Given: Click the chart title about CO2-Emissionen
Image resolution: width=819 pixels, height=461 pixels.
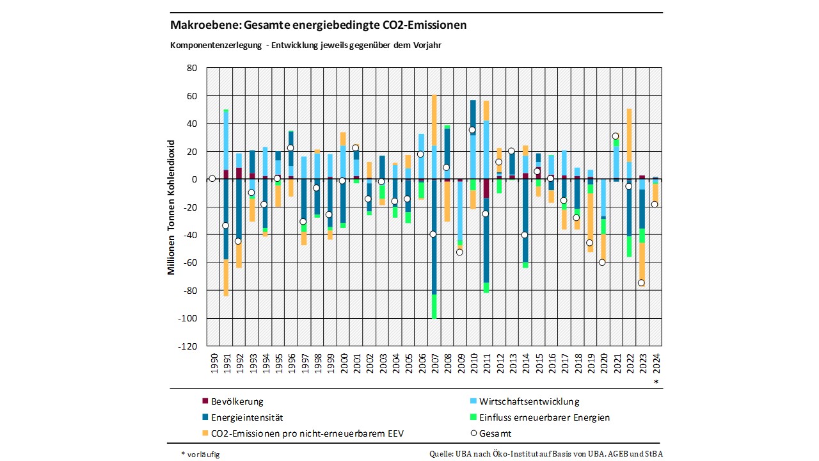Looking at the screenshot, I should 318,26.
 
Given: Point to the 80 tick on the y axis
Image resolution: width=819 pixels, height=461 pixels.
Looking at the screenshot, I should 192,68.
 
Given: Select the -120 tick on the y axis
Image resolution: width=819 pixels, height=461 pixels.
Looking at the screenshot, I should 189,346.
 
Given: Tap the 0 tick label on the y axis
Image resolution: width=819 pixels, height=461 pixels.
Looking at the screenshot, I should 195,179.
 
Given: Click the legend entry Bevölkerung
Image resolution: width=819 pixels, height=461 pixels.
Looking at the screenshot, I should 237,401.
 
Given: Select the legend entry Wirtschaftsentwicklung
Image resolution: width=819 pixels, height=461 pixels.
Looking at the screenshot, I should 528,401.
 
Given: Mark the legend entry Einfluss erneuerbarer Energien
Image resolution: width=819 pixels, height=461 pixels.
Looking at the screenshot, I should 544,417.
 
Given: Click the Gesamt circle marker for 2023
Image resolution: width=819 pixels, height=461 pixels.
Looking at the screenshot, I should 642,283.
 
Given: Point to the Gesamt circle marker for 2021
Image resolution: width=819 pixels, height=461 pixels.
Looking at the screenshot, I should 616,136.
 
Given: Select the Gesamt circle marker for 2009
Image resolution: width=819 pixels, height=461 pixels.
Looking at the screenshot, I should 459,252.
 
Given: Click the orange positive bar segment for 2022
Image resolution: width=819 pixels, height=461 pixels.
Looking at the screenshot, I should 629,134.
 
